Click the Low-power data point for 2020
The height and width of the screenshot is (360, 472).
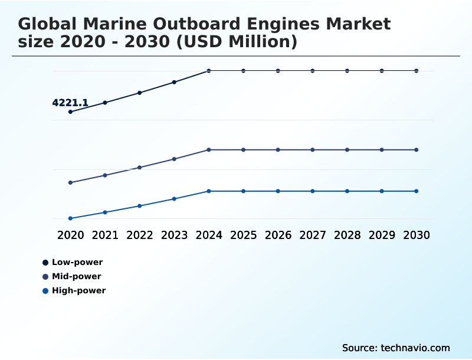70,112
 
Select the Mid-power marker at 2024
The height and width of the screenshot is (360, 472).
209,150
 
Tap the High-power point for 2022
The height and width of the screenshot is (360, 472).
140,206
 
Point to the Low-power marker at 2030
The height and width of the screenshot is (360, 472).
417,71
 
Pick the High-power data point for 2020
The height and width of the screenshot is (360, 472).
70,218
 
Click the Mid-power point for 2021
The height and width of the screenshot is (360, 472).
105,175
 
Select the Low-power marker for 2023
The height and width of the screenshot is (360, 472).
174,82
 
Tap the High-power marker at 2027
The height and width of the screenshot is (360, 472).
313,191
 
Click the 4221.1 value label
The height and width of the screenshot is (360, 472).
70,103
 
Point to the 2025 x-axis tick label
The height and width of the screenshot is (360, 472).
243,235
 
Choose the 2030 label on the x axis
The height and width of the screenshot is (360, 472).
417,235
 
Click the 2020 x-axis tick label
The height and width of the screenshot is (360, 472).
70,235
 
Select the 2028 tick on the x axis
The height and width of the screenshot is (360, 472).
347,235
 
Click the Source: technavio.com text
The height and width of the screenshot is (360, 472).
396,348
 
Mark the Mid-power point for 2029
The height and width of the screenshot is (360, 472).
382,150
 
